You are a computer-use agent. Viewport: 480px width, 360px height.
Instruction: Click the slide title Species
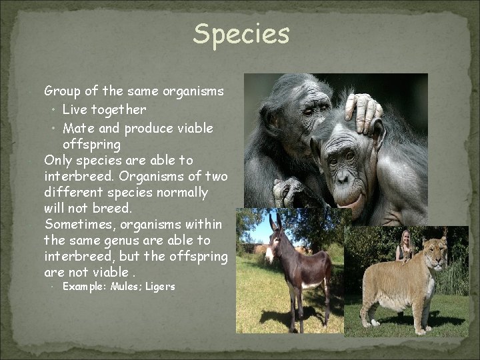pyautogui.click(x=241, y=35)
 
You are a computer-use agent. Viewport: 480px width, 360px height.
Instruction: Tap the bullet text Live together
pyautogui.click(x=104, y=109)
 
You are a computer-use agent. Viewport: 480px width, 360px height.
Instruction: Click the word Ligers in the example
pyautogui.click(x=161, y=287)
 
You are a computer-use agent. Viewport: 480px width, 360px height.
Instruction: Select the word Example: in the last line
pyautogui.click(x=85, y=287)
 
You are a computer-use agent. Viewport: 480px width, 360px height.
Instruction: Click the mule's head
pyautogui.click(x=273, y=243)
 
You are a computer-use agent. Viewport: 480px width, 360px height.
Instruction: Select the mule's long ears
pyautogui.click(x=275, y=223)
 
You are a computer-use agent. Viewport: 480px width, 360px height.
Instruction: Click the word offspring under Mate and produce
pyautogui.click(x=91, y=144)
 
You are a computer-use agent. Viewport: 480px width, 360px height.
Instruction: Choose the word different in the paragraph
pyautogui.click(x=71, y=193)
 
